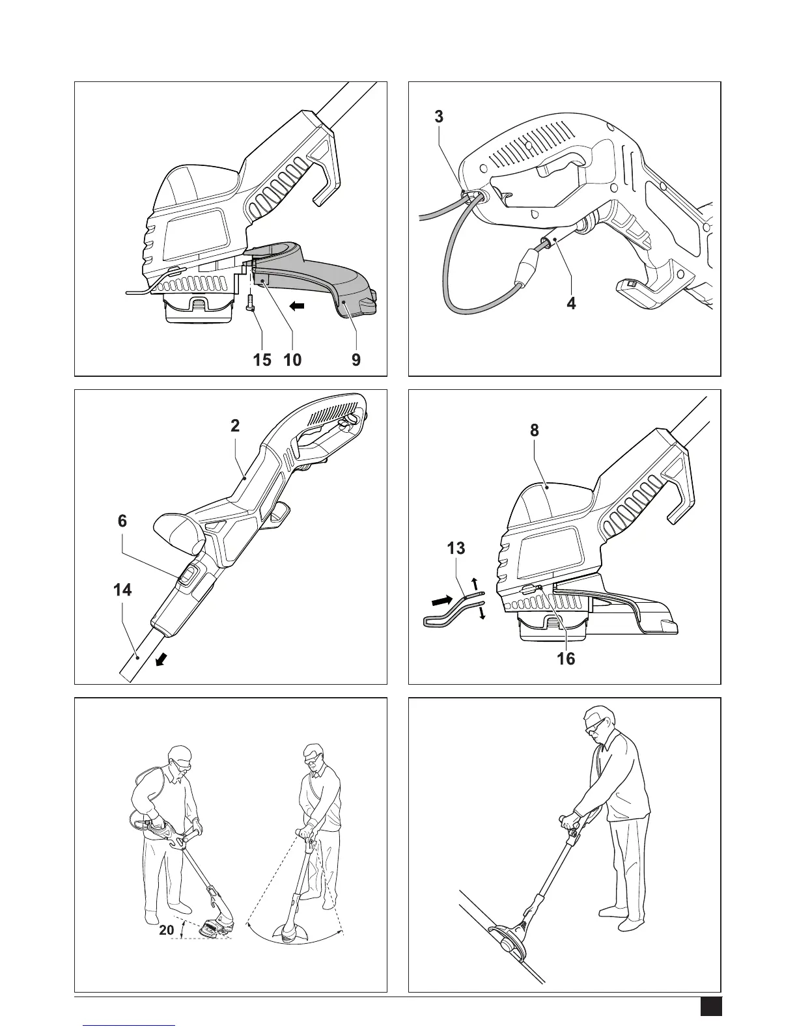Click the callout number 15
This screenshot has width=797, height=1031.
pyautogui.click(x=262, y=360)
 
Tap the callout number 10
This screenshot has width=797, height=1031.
pyautogui.click(x=292, y=360)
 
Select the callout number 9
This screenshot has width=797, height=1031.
pyautogui.click(x=356, y=360)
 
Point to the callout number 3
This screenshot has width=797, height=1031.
pyautogui.click(x=439, y=117)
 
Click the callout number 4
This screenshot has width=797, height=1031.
pyautogui.click(x=572, y=303)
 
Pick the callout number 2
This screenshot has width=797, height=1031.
pyautogui.click(x=236, y=426)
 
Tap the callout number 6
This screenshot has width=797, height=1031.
pyautogui.click(x=122, y=521)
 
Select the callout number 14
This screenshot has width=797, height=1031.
pyautogui.click(x=122, y=590)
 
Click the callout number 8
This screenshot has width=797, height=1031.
pyautogui.click(x=535, y=430)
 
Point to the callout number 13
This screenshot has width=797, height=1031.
pyautogui.click(x=456, y=549)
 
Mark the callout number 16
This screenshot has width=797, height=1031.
pyautogui.click(x=566, y=659)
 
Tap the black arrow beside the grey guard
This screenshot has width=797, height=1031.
pyautogui.click(x=297, y=307)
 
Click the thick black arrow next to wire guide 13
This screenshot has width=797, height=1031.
pyautogui.click(x=442, y=601)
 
